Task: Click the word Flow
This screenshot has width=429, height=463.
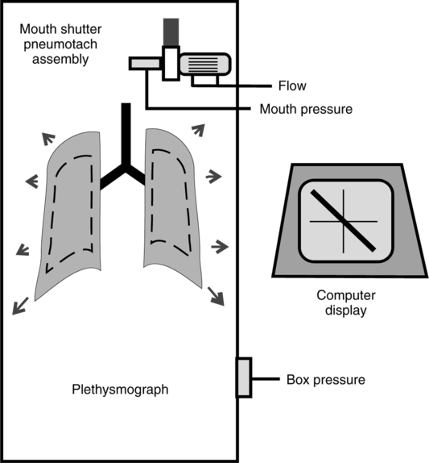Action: [292, 86]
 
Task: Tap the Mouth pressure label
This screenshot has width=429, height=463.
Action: [306, 109]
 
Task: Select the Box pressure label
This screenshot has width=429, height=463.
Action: [326, 380]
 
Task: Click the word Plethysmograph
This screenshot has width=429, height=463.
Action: [120, 390]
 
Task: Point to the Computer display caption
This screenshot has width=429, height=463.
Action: [346, 303]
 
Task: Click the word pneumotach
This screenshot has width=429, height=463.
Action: [60, 44]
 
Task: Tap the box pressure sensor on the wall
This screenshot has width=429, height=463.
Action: [244, 377]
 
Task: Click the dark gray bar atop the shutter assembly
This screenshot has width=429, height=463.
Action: [171, 32]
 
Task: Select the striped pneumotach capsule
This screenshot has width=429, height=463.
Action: [205, 64]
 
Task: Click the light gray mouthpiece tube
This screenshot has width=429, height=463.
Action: [145, 64]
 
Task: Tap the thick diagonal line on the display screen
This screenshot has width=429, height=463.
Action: [343, 220]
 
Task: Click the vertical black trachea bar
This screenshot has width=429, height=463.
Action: [126, 135]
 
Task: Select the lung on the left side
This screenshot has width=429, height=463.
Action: [68, 216]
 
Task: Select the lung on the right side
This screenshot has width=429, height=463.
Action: [173, 208]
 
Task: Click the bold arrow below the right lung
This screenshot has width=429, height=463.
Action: [216, 296]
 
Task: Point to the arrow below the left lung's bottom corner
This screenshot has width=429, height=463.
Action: [20, 306]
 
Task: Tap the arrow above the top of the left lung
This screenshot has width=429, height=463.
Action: [48, 139]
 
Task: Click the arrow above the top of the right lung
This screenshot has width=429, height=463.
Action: [198, 130]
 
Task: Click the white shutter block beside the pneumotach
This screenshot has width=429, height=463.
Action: [171, 63]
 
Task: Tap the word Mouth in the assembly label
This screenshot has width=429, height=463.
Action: [37, 30]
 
